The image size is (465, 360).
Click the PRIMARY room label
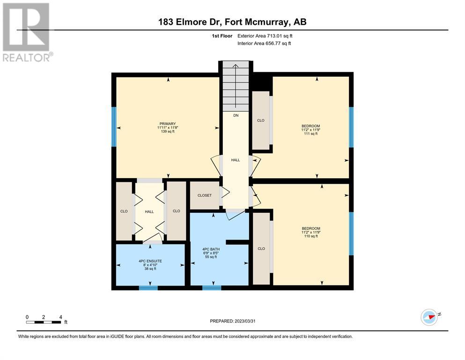(x=168, y=124)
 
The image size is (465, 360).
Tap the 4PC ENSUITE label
(x=150, y=261)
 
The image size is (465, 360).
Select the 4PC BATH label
(x=211, y=249)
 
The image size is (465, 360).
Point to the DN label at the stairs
(x=236, y=115)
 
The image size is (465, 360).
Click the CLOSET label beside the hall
(x=205, y=195)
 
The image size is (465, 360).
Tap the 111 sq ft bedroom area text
(x=311, y=134)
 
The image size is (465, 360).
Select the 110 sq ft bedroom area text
(x=311, y=236)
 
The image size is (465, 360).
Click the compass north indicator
(x=429, y=317)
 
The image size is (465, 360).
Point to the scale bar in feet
(x=44, y=322)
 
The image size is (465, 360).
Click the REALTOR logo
(x=27, y=32)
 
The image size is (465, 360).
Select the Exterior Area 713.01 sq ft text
(x=265, y=36)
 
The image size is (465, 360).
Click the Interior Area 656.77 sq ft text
(x=264, y=43)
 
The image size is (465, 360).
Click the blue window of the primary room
(x=114, y=127)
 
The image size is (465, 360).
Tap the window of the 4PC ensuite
(x=148, y=288)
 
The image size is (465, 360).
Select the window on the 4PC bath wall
(x=212, y=288)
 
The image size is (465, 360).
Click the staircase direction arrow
(x=236, y=86)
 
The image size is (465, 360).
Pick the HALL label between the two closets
(x=149, y=211)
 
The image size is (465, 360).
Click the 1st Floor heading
(x=222, y=36)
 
